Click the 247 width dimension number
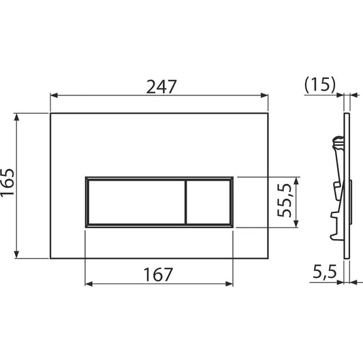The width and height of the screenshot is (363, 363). [161, 86]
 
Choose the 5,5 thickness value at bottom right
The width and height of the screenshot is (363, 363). [324, 272]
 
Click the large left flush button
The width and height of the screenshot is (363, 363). [134, 202]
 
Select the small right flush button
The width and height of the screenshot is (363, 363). [208, 202]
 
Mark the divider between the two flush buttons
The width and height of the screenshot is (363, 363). [185, 202]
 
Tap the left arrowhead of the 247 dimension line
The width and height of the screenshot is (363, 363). [54, 97]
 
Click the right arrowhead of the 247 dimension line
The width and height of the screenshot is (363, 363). [264, 97]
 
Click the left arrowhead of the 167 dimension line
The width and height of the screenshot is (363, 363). [89, 284]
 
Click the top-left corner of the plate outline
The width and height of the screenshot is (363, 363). [50, 112]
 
